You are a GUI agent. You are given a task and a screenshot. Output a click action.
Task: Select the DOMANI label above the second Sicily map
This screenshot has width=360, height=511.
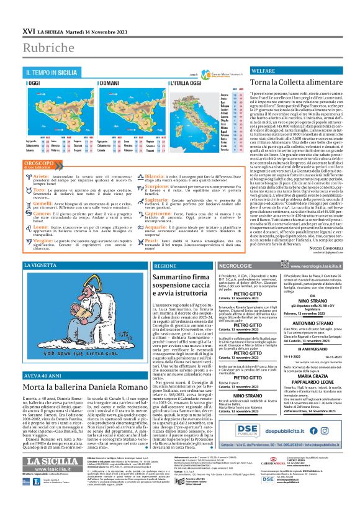(109, 83)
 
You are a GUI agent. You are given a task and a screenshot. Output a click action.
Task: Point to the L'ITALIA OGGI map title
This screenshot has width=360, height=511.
(180, 83)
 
